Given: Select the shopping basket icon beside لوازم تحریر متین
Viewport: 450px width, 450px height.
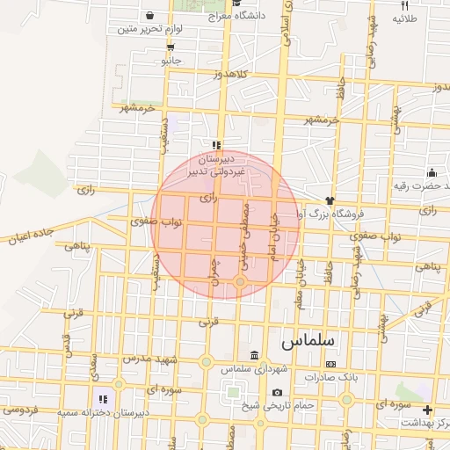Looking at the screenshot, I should pos(149,16).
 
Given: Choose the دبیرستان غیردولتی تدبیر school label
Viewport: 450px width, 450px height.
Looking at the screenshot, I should pos(215,167).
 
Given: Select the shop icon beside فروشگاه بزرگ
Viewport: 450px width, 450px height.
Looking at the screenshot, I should pos(330,200).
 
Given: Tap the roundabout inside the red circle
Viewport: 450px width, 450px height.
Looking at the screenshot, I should pos(240,281).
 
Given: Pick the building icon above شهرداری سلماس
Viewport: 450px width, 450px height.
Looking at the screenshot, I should pos(255,356).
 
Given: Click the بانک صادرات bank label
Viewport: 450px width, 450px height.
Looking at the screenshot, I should pos(330,377).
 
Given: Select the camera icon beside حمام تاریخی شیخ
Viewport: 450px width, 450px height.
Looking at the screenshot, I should pos(279,392).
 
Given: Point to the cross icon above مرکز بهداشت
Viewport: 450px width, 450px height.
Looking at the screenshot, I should pos(427,410).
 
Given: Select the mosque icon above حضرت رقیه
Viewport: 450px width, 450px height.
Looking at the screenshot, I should pos(432,171).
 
